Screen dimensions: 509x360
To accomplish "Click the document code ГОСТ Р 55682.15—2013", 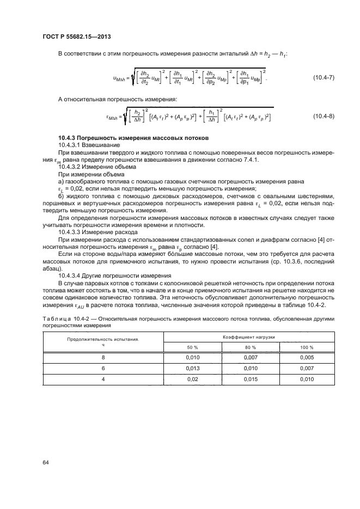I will click(x=81, y=36).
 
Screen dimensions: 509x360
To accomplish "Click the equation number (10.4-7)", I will click(x=323, y=79).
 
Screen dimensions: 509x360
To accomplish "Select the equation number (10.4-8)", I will click(x=323, y=117).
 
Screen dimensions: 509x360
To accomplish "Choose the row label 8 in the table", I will click(x=103, y=357).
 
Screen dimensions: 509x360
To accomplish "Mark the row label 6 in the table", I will click(x=103, y=368).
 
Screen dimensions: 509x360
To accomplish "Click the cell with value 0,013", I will click(x=193, y=368).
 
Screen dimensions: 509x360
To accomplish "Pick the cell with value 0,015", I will click(x=251, y=379).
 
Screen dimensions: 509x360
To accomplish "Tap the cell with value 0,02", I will click(x=193, y=379).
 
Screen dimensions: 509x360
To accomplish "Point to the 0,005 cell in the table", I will click(x=307, y=357).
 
